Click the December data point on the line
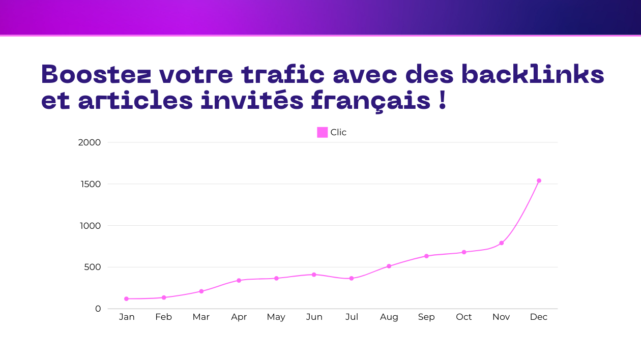[x=539, y=181]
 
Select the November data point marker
[x=502, y=243]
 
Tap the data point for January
[x=127, y=299]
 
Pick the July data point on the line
[x=352, y=278]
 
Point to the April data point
[x=239, y=281]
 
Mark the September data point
[x=426, y=256]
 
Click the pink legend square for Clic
[x=322, y=132]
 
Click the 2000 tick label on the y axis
[x=90, y=142]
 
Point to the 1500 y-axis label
[x=91, y=184]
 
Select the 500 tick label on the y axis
[x=92, y=267]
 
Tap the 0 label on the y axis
[x=98, y=309]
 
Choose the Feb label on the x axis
[x=163, y=317]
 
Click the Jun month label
[x=314, y=317]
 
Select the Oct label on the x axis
[x=463, y=317]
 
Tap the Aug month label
[x=389, y=317]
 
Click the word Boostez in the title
[x=96, y=74]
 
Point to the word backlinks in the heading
[x=533, y=74]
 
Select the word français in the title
[x=370, y=101]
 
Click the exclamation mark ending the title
[x=442, y=100]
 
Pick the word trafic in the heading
[x=283, y=74]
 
